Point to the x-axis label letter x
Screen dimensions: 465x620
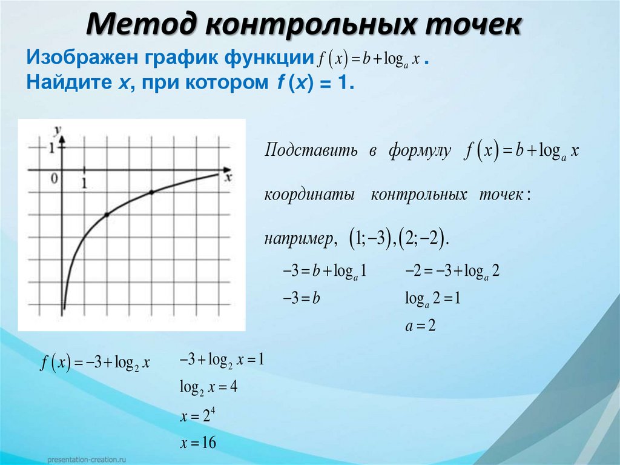[228, 178]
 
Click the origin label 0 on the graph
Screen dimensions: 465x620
[54, 178]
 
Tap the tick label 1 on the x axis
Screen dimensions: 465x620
[84, 182]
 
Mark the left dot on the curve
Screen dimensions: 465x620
[107, 215]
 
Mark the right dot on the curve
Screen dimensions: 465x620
[151, 192]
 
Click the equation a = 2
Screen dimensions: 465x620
[420, 326]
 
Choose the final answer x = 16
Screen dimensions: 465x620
[197, 443]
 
